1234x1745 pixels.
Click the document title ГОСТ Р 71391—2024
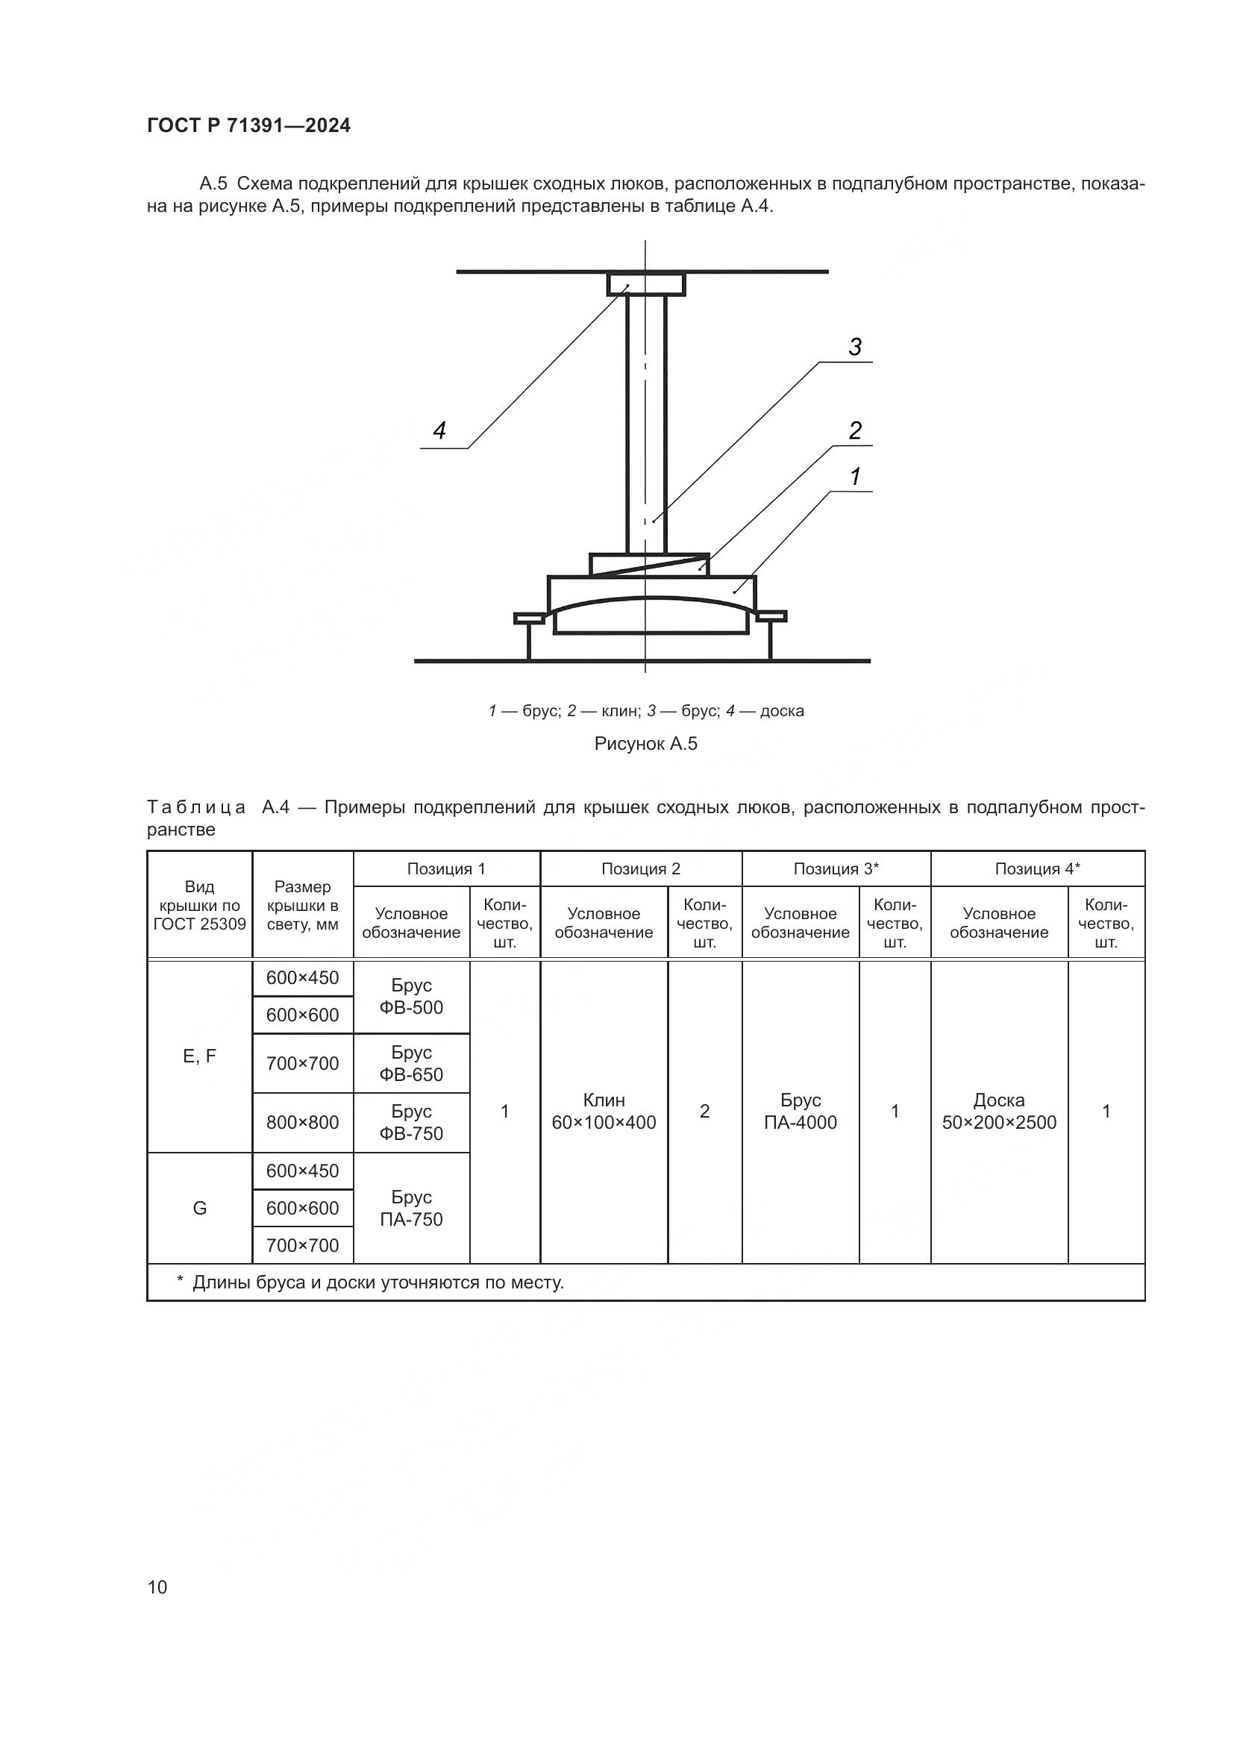(248, 126)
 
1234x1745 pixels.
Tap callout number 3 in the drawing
(855, 348)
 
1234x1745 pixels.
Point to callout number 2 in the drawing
(855, 431)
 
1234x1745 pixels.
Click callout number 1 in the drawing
(855, 477)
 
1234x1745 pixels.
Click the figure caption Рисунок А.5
(645, 743)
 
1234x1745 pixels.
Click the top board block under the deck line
(646, 285)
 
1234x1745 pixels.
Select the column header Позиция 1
(446, 868)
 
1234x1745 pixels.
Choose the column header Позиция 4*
(1037, 868)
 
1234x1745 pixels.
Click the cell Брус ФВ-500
(411, 997)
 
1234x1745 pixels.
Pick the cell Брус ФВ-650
(411, 1063)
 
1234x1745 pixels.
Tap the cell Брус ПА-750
(411, 1208)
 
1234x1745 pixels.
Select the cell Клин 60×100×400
(604, 1111)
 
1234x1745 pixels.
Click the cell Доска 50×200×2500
(999, 1111)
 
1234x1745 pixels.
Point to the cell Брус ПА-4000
(800, 1111)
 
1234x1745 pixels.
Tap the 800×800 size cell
(302, 1123)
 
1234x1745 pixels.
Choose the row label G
(200, 1208)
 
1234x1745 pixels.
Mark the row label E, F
(200, 1056)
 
